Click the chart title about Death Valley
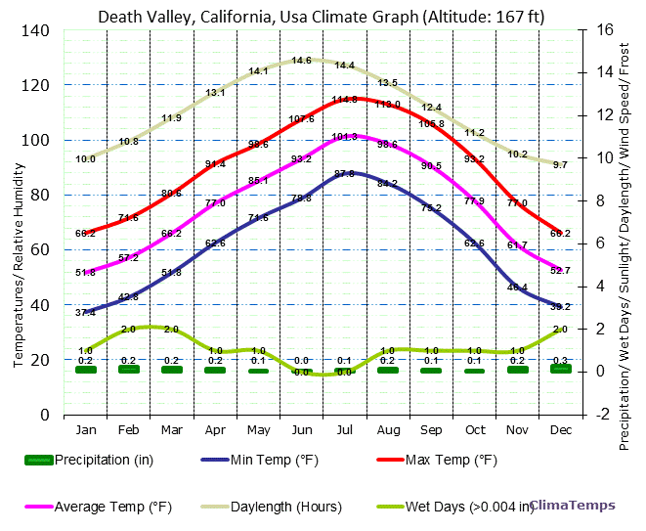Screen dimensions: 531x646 click(x=322, y=17)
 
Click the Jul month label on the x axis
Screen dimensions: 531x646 click(x=344, y=430)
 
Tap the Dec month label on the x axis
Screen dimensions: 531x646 click(x=561, y=430)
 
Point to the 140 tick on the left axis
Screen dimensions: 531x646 click(x=36, y=30)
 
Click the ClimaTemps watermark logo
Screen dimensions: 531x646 click(x=573, y=506)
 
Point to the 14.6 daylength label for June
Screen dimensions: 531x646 click(x=301, y=61)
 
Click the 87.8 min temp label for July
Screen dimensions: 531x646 click(x=344, y=174)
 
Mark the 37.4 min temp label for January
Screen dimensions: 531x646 click(x=85, y=312)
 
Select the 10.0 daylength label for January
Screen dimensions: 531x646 click(x=85, y=158)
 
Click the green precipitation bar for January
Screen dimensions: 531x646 click(x=86, y=370)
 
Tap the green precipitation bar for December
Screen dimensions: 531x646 click(x=561, y=369)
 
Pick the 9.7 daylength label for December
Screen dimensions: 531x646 click(x=560, y=165)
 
